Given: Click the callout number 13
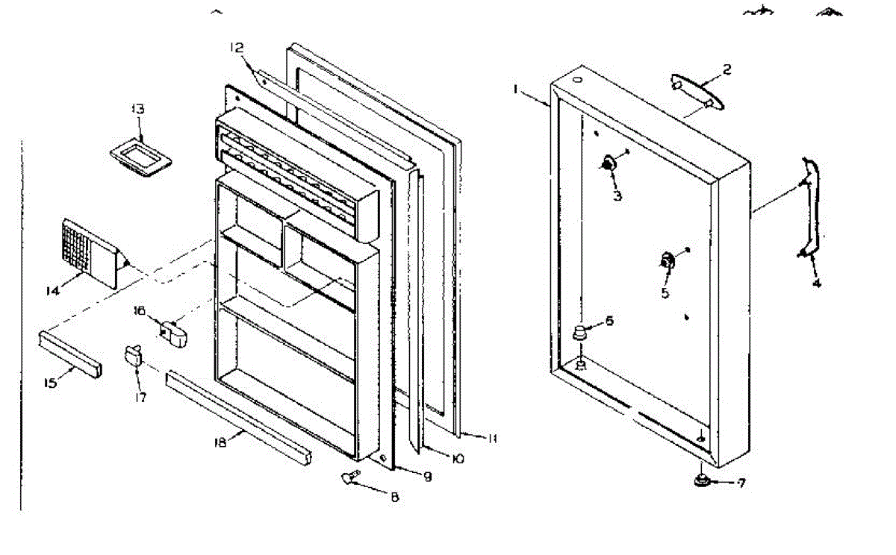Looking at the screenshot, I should pos(138,109).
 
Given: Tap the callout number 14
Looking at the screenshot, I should pos(52,291).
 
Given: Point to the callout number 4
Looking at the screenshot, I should pos(816,283).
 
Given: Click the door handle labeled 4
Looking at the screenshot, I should pos(812,205).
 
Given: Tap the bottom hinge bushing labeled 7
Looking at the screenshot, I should pos(702,480).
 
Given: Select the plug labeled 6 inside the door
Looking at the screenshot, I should pos(579,333).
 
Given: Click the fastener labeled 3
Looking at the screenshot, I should pos(609,164).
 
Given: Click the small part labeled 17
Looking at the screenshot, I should pos(134,356).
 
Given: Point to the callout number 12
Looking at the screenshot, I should pos(236,48).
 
